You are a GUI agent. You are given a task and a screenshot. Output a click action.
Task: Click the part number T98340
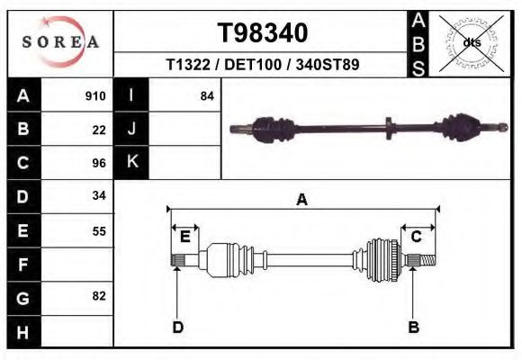click(x=263, y=33)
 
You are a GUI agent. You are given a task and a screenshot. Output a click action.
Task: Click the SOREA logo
click(x=59, y=42)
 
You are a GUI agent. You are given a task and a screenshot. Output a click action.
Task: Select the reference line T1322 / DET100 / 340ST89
click(x=263, y=66)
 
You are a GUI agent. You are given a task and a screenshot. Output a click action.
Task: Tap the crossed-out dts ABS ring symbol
click(x=472, y=42)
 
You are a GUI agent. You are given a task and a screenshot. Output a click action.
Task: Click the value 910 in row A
click(x=95, y=95)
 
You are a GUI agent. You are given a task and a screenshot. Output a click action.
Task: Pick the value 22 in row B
click(x=99, y=129)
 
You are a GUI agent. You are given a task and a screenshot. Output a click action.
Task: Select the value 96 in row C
click(x=99, y=163)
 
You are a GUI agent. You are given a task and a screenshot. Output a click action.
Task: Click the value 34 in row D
click(x=99, y=196)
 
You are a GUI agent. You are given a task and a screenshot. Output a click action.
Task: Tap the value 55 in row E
click(x=99, y=230)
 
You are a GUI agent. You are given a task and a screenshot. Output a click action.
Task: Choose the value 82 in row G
click(x=99, y=296)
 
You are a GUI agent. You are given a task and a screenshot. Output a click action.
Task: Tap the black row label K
click(x=131, y=163)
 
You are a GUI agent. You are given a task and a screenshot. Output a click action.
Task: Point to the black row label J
click(x=131, y=129)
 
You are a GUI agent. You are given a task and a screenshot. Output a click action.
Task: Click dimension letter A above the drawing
click(x=301, y=200)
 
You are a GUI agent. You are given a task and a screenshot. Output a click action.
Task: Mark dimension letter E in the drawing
click(x=184, y=237)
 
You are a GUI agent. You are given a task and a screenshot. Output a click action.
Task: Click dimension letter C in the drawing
click(x=417, y=237)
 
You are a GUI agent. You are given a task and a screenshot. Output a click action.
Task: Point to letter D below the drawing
click(x=178, y=327)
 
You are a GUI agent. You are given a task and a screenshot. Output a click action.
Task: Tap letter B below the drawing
click(x=413, y=327)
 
